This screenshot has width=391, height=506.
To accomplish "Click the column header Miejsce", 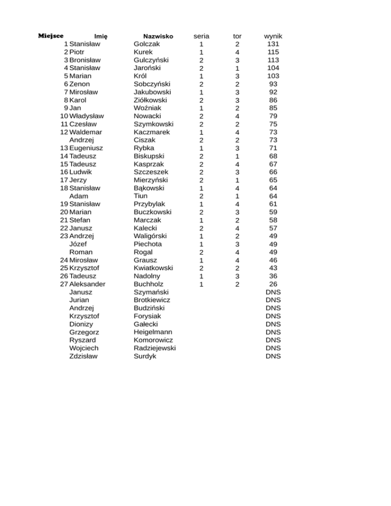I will coord(51,36).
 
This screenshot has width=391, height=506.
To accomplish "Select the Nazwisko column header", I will coord(158,37).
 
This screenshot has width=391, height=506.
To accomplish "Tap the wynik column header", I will coord(273,37).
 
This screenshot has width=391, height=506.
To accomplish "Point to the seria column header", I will coord(202,37).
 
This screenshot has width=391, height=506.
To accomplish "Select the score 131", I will coord(273,44).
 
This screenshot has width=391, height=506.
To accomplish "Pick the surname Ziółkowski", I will coord(152,100).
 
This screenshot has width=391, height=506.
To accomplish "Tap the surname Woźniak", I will coord(148,108).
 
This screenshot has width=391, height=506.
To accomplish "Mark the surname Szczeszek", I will coord(151,172).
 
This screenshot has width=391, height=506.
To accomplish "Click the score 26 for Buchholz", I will coord(273,284).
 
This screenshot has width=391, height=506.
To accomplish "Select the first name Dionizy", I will coord(81,324).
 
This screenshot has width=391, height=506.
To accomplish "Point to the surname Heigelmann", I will coord(153,332).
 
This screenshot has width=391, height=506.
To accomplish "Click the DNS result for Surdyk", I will coord(273,356).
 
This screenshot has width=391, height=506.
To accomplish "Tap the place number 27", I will coord(64,284).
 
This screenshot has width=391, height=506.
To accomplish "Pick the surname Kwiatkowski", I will coord(153,268).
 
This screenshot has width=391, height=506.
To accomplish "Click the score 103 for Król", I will coord(273,76).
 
